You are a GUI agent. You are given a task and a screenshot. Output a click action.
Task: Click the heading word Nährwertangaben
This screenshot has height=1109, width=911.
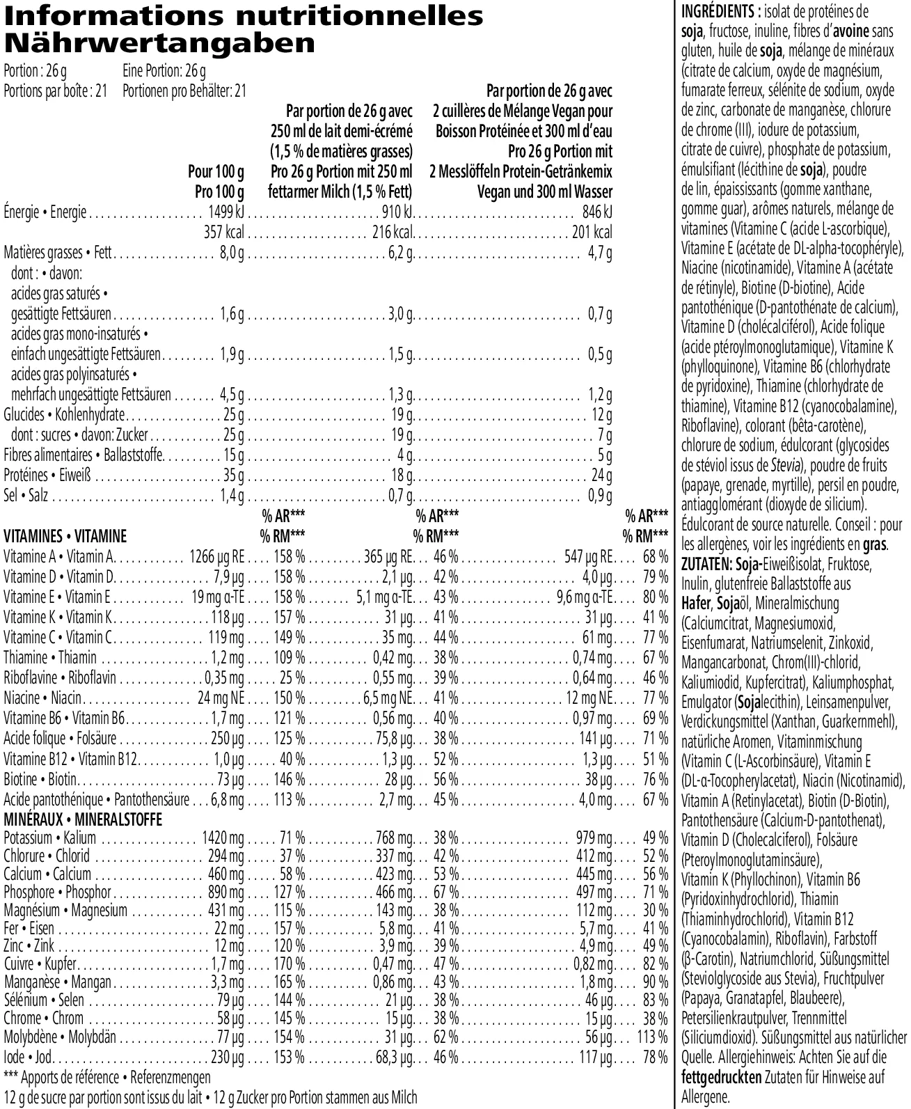159,44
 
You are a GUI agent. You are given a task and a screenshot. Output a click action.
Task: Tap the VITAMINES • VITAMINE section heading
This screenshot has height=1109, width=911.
65,536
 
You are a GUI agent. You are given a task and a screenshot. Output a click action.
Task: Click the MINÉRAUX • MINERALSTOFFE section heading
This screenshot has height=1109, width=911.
83,819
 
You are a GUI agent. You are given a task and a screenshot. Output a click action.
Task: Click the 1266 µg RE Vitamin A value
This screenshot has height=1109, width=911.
216,557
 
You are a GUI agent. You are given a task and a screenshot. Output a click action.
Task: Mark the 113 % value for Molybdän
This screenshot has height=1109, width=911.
652,1037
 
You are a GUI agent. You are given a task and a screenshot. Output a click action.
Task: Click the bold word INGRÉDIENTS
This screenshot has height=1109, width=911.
717,11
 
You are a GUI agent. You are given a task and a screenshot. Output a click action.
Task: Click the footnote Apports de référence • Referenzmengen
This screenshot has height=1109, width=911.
107,1078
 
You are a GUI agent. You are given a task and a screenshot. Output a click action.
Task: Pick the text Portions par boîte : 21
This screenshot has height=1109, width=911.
56,91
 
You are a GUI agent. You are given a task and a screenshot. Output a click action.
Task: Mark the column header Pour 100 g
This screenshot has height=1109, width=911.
216,171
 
